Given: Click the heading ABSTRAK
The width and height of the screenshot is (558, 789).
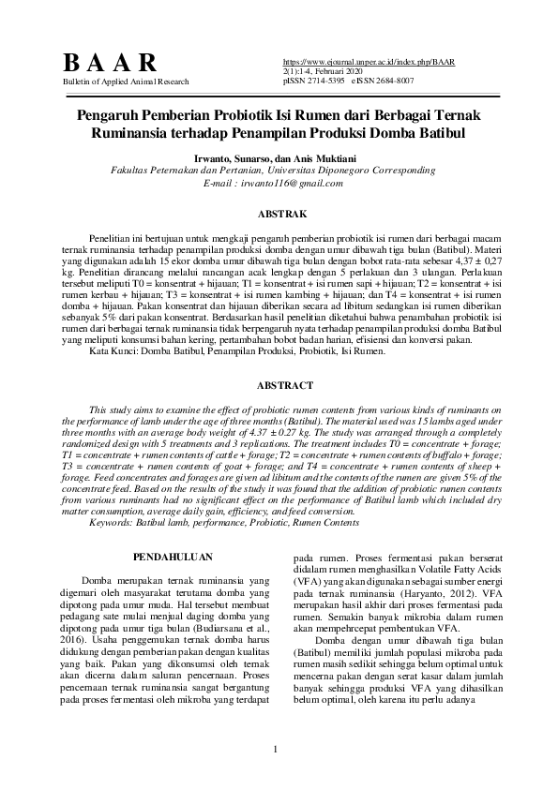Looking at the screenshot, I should pyautogui.click(x=279, y=214).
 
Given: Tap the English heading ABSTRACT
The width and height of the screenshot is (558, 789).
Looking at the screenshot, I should pyautogui.click(x=279, y=385).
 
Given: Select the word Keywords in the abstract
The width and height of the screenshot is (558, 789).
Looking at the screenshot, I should pyautogui.click(x=111, y=522).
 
